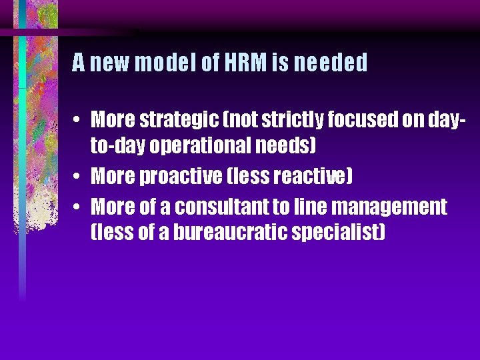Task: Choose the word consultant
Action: tap(226, 207)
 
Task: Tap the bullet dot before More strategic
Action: tap(77, 121)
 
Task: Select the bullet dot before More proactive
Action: tap(77, 177)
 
